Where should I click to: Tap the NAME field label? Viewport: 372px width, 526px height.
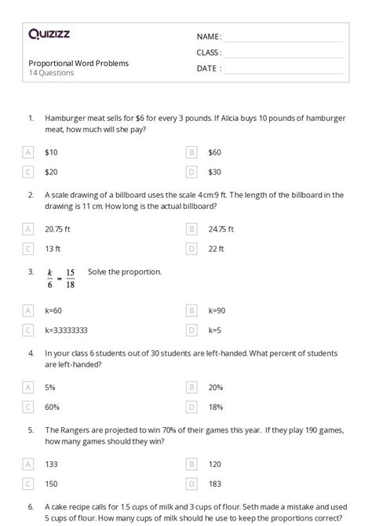point(209,37)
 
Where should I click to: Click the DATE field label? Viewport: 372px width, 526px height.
point(209,68)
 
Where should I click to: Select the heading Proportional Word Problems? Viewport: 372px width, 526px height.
point(78,63)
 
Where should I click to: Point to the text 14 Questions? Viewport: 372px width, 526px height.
point(51,73)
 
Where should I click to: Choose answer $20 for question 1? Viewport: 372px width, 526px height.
point(51,171)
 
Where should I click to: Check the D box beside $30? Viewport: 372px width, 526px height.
point(191,171)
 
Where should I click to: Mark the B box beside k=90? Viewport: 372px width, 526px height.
point(191,311)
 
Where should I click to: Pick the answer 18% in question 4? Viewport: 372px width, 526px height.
point(215,407)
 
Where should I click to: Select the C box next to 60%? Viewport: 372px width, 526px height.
point(29,407)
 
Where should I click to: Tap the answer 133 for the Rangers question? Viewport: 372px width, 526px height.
point(52,464)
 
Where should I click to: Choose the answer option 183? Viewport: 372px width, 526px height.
point(215,484)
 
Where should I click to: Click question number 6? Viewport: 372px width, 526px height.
point(31,507)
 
